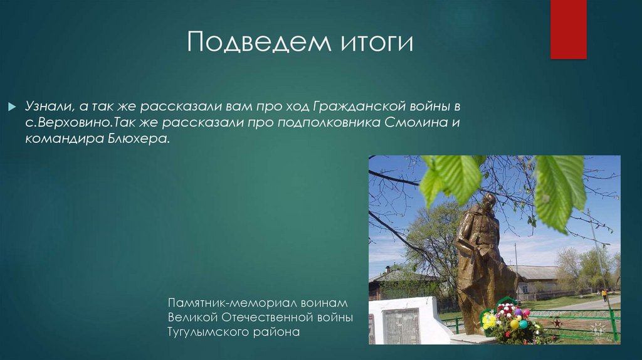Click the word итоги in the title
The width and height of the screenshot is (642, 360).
pos(376,43)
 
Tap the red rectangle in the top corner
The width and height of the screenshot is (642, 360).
pos(568,29)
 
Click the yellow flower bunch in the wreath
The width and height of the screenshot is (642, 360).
pos(489,320)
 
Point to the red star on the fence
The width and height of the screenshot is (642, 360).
pos(556,323)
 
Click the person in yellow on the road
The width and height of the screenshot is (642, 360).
pos(604,294)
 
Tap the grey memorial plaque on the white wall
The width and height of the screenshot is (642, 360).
pos(401,326)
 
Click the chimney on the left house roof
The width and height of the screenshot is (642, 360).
pos(387,268)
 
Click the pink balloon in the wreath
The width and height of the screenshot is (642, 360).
pos(525,312)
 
